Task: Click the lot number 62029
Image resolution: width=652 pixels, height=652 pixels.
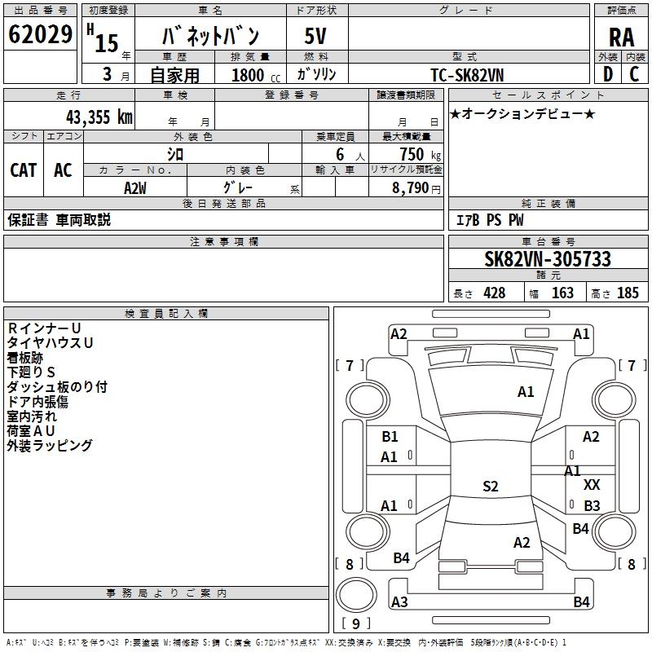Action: (40, 35)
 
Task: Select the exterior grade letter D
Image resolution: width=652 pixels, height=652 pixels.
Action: (606, 73)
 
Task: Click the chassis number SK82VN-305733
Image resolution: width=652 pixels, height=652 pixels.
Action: (547, 259)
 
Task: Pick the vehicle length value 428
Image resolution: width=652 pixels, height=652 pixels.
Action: (494, 293)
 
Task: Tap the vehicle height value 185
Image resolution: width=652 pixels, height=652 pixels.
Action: (628, 293)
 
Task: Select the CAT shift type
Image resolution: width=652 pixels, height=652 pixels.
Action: (24, 170)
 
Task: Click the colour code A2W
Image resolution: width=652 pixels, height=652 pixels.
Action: (135, 188)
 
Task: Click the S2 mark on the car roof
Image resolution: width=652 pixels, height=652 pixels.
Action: (490, 487)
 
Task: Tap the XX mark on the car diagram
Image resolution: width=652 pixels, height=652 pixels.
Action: (592, 485)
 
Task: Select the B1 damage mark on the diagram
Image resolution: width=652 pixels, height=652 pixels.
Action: (390, 437)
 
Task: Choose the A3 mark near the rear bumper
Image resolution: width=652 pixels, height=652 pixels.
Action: (399, 602)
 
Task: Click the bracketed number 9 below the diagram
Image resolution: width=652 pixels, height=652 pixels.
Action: (355, 624)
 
